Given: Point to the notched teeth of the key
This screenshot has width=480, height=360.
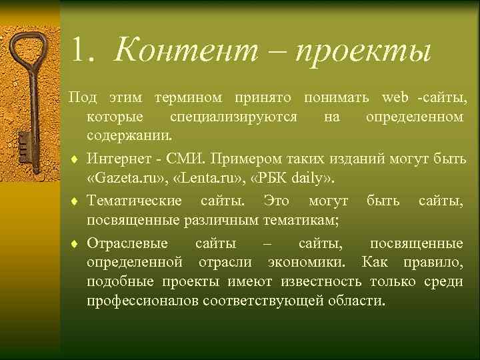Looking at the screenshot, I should click(x=23, y=143).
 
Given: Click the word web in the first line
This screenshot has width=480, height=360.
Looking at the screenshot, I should click(x=395, y=99).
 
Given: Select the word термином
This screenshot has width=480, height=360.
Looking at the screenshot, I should click(x=190, y=99).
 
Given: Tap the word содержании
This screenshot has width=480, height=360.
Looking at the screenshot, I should click(x=129, y=136).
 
